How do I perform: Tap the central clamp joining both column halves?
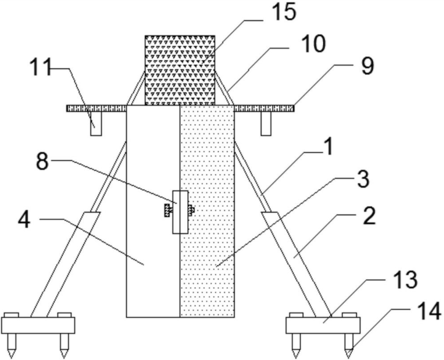click(180, 212)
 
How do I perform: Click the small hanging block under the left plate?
click(95, 124)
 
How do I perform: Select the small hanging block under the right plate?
click(267, 124)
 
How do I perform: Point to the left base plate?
click(38, 325)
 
